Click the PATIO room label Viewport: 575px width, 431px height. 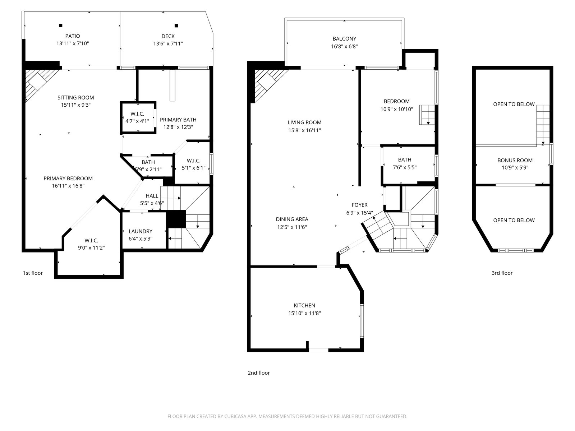(73, 36)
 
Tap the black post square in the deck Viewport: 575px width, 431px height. (176, 26)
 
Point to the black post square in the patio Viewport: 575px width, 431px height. (60, 26)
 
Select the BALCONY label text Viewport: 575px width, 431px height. (344, 39)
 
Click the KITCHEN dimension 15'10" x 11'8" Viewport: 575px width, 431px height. (304, 313)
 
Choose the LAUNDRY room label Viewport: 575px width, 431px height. (141, 231)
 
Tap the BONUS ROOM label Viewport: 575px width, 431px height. (515, 161)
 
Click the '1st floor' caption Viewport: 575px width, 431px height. (33, 273)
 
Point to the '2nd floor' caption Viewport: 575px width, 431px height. (258, 373)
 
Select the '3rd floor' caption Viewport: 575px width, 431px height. (502, 273)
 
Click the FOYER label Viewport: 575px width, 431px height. (359, 205)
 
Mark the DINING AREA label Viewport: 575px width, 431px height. (292, 219)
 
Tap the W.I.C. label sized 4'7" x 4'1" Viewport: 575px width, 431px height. (137, 114)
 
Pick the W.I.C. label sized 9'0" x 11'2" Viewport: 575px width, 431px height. (91, 241)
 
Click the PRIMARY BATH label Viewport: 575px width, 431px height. (178, 120)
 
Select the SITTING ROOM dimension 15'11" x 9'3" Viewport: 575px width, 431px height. (76, 105)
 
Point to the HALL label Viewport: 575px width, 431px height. (152, 196)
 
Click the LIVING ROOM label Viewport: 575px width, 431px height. (304, 122)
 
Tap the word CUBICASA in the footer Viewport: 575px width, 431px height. (235, 416)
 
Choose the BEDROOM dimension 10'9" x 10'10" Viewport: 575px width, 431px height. (397, 110)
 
